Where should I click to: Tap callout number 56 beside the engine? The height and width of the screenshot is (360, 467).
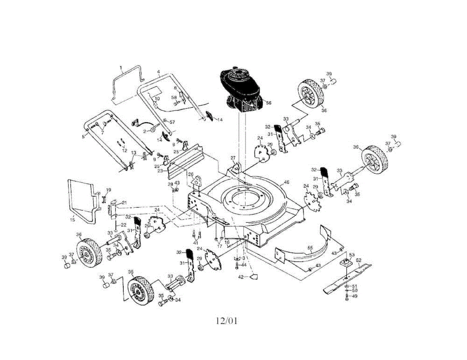coord(269,103)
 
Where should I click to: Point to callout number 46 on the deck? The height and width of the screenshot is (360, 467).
coord(287,182)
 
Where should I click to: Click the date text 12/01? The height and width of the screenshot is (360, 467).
coord(226,321)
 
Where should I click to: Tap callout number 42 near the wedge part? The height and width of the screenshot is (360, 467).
coord(241,277)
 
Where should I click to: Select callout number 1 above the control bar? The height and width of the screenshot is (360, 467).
coord(121,67)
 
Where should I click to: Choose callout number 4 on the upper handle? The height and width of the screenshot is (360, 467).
coord(159,72)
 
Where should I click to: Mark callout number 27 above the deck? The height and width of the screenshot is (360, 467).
coord(233,158)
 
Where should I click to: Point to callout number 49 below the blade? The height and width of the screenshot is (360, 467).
coord(355,296)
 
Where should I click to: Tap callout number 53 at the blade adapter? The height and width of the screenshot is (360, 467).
coord(352,255)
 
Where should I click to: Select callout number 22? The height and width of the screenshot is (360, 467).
coord(123,225)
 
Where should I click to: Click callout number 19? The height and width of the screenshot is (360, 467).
coord(109,190)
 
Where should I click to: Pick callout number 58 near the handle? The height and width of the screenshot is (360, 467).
coord(174,97)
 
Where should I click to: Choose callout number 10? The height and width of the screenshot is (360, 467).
coord(157,99)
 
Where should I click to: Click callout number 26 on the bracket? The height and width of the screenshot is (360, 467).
coord(191,174)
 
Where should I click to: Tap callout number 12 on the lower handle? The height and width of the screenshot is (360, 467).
coord(125,150)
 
